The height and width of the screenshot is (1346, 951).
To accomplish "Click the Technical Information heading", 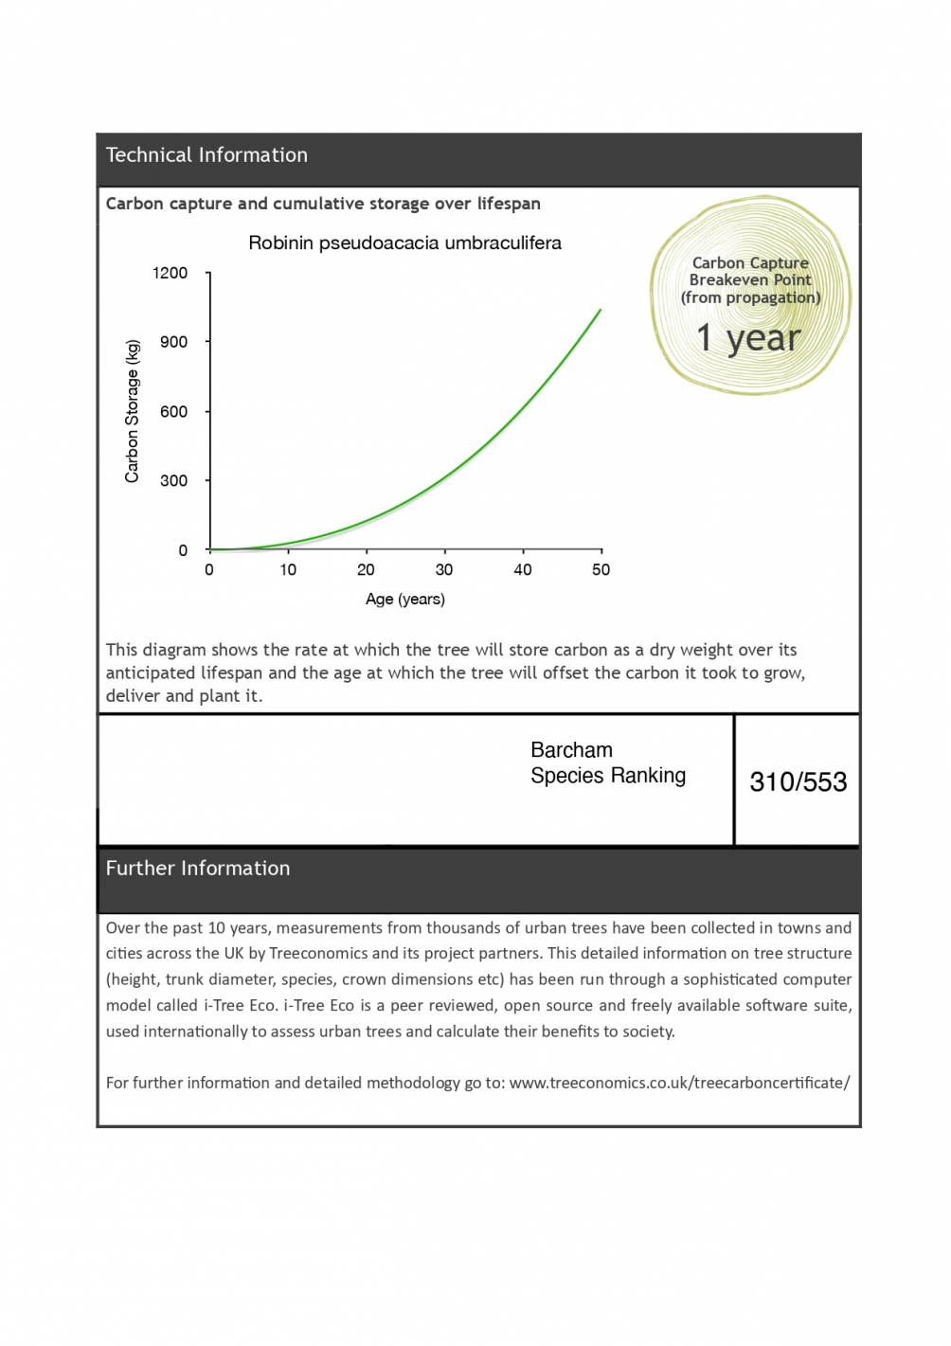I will pyautogui.click(x=206, y=155).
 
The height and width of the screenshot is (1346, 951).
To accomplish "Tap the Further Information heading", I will pyautogui.click(x=198, y=869).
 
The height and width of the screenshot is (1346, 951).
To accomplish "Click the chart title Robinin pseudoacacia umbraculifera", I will pyautogui.click(x=404, y=243).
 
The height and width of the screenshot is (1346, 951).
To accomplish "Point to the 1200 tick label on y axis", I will pyautogui.click(x=170, y=274).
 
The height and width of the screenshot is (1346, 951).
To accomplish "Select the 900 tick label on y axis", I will pyautogui.click(x=174, y=342).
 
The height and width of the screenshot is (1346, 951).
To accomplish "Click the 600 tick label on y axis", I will pyautogui.click(x=174, y=412).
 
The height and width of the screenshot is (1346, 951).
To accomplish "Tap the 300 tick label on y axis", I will pyautogui.click(x=174, y=481).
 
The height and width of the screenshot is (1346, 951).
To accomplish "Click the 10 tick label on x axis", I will pyautogui.click(x=288, y=570).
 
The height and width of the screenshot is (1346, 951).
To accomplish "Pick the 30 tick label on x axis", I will pyautogui.click(x=444, y=570).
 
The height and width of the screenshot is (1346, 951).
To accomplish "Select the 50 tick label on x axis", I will pyautogui.click(x=601, y=570).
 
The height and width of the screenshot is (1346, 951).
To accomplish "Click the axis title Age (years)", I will pyautogui.click(x=405, y=600).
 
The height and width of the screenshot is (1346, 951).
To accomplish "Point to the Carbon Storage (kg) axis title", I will pyautogui.click(x=133, y=411).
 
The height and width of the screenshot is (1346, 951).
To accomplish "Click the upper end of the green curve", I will pyautogui.click(x=600, y=311).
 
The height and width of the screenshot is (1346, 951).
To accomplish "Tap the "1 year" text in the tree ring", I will pyautogui.click(x=748, y=338).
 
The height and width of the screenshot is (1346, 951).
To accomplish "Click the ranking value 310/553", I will pyautogui.click(x=798, y=782).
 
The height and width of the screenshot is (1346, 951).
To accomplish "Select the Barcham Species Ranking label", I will pyautogui.click(x=608, y=763).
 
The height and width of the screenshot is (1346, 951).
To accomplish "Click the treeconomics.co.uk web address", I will pyautogui.click(x=679, y=1083).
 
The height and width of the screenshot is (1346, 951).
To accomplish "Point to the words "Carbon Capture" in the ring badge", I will pyautogui.click(x=750, y=263).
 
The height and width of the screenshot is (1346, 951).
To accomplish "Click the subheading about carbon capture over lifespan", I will pyautogui.click(x=323, y=204).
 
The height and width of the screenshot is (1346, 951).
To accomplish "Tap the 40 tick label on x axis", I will pyautogui.click(x=523, y=570).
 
